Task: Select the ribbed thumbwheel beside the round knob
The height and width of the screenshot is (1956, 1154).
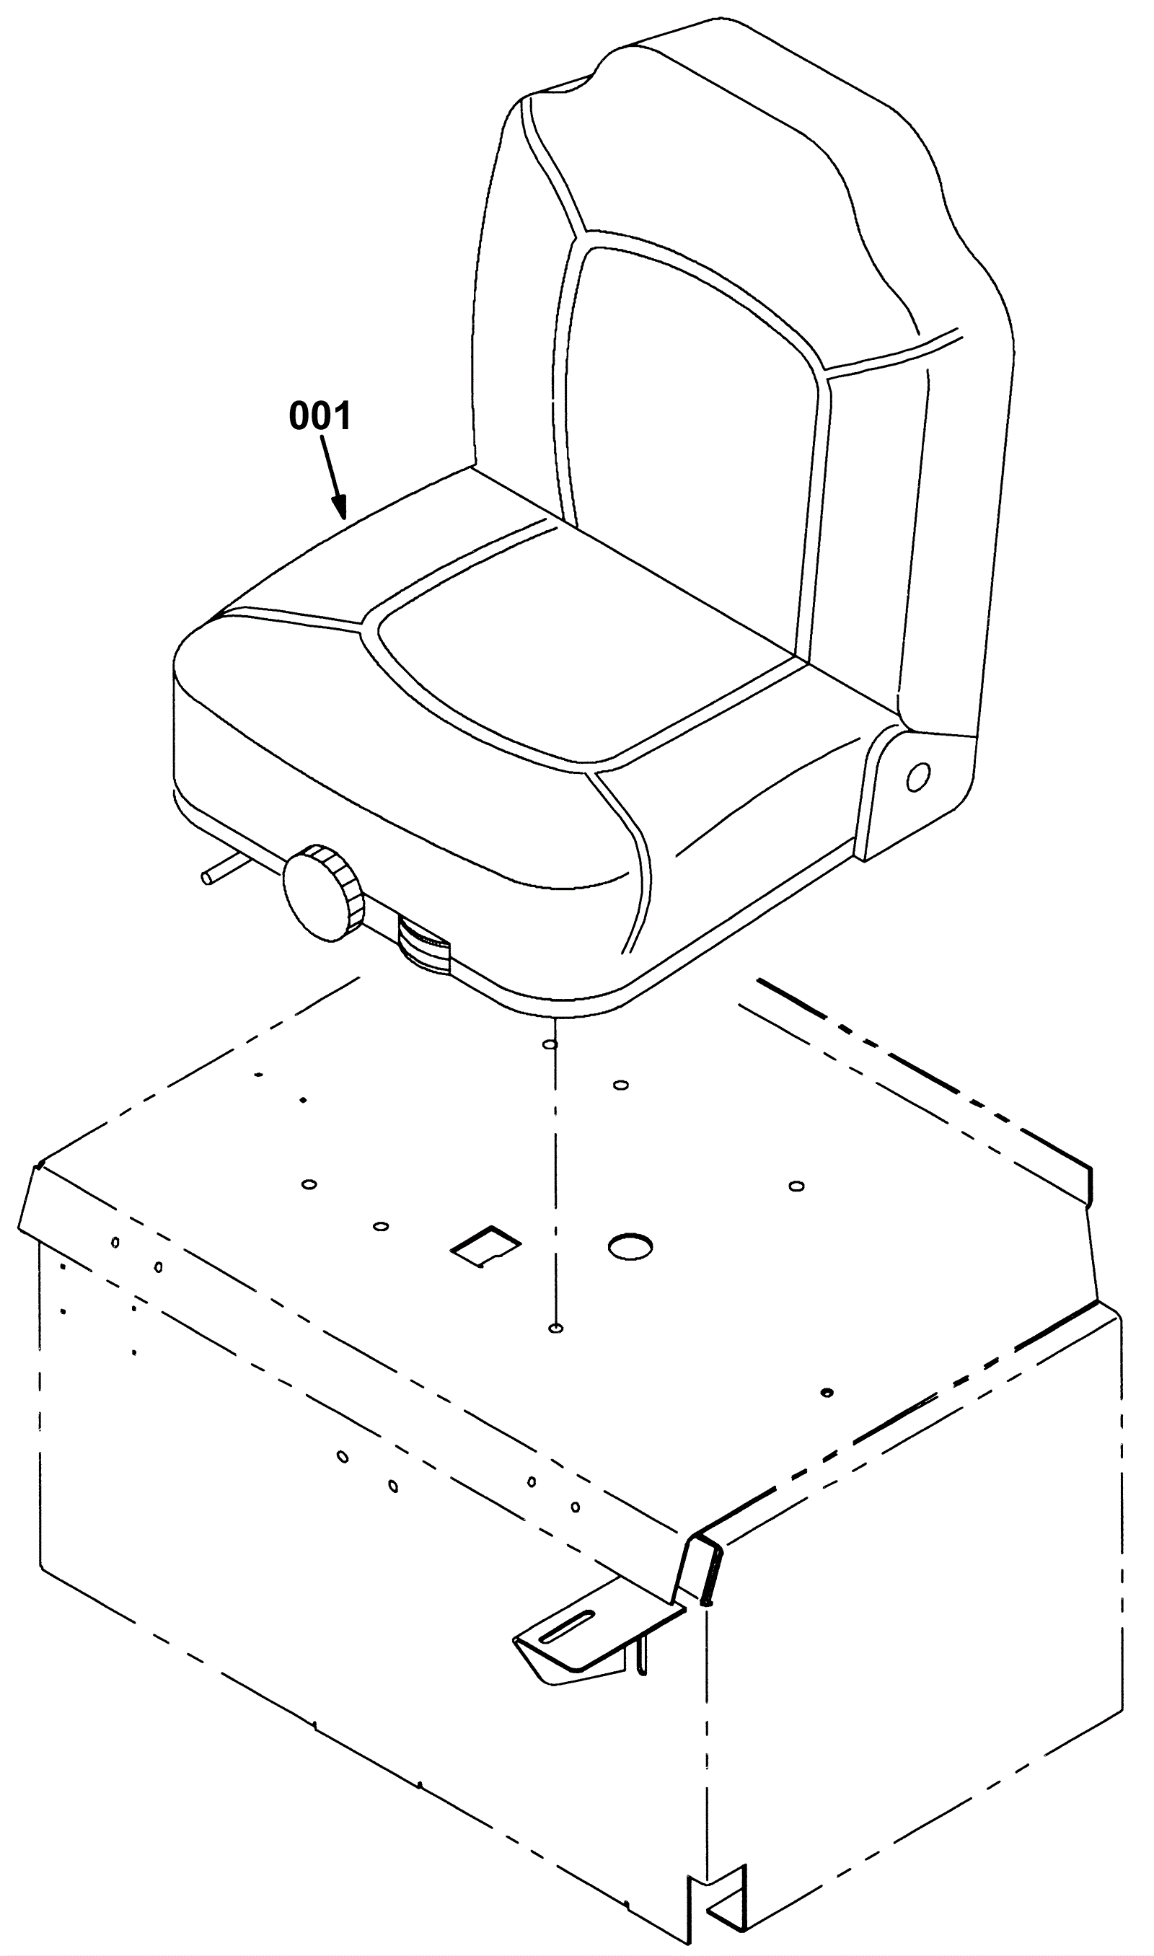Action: pos(424,944)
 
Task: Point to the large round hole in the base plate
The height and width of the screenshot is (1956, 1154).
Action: pos(630,1246)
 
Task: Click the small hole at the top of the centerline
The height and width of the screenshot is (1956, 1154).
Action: pos(550,1045)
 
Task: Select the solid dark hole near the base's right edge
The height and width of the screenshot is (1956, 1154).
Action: pos(827,1391)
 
